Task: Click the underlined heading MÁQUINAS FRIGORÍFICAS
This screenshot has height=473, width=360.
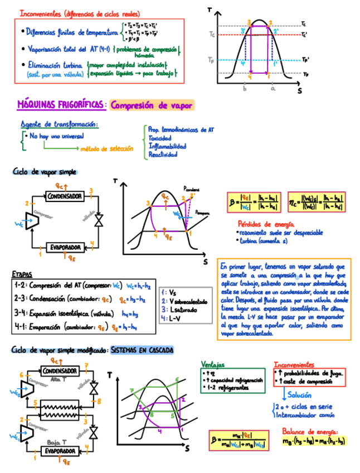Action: click(x=60, y=104)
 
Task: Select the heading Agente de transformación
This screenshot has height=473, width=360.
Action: click(x=59, y=124)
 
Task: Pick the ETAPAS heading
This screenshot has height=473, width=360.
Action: click(x=23, y=274)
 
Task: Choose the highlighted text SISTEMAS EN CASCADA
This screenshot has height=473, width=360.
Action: click(x=142, y=350)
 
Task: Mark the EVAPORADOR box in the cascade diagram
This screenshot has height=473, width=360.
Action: click(x=61, y=450)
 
